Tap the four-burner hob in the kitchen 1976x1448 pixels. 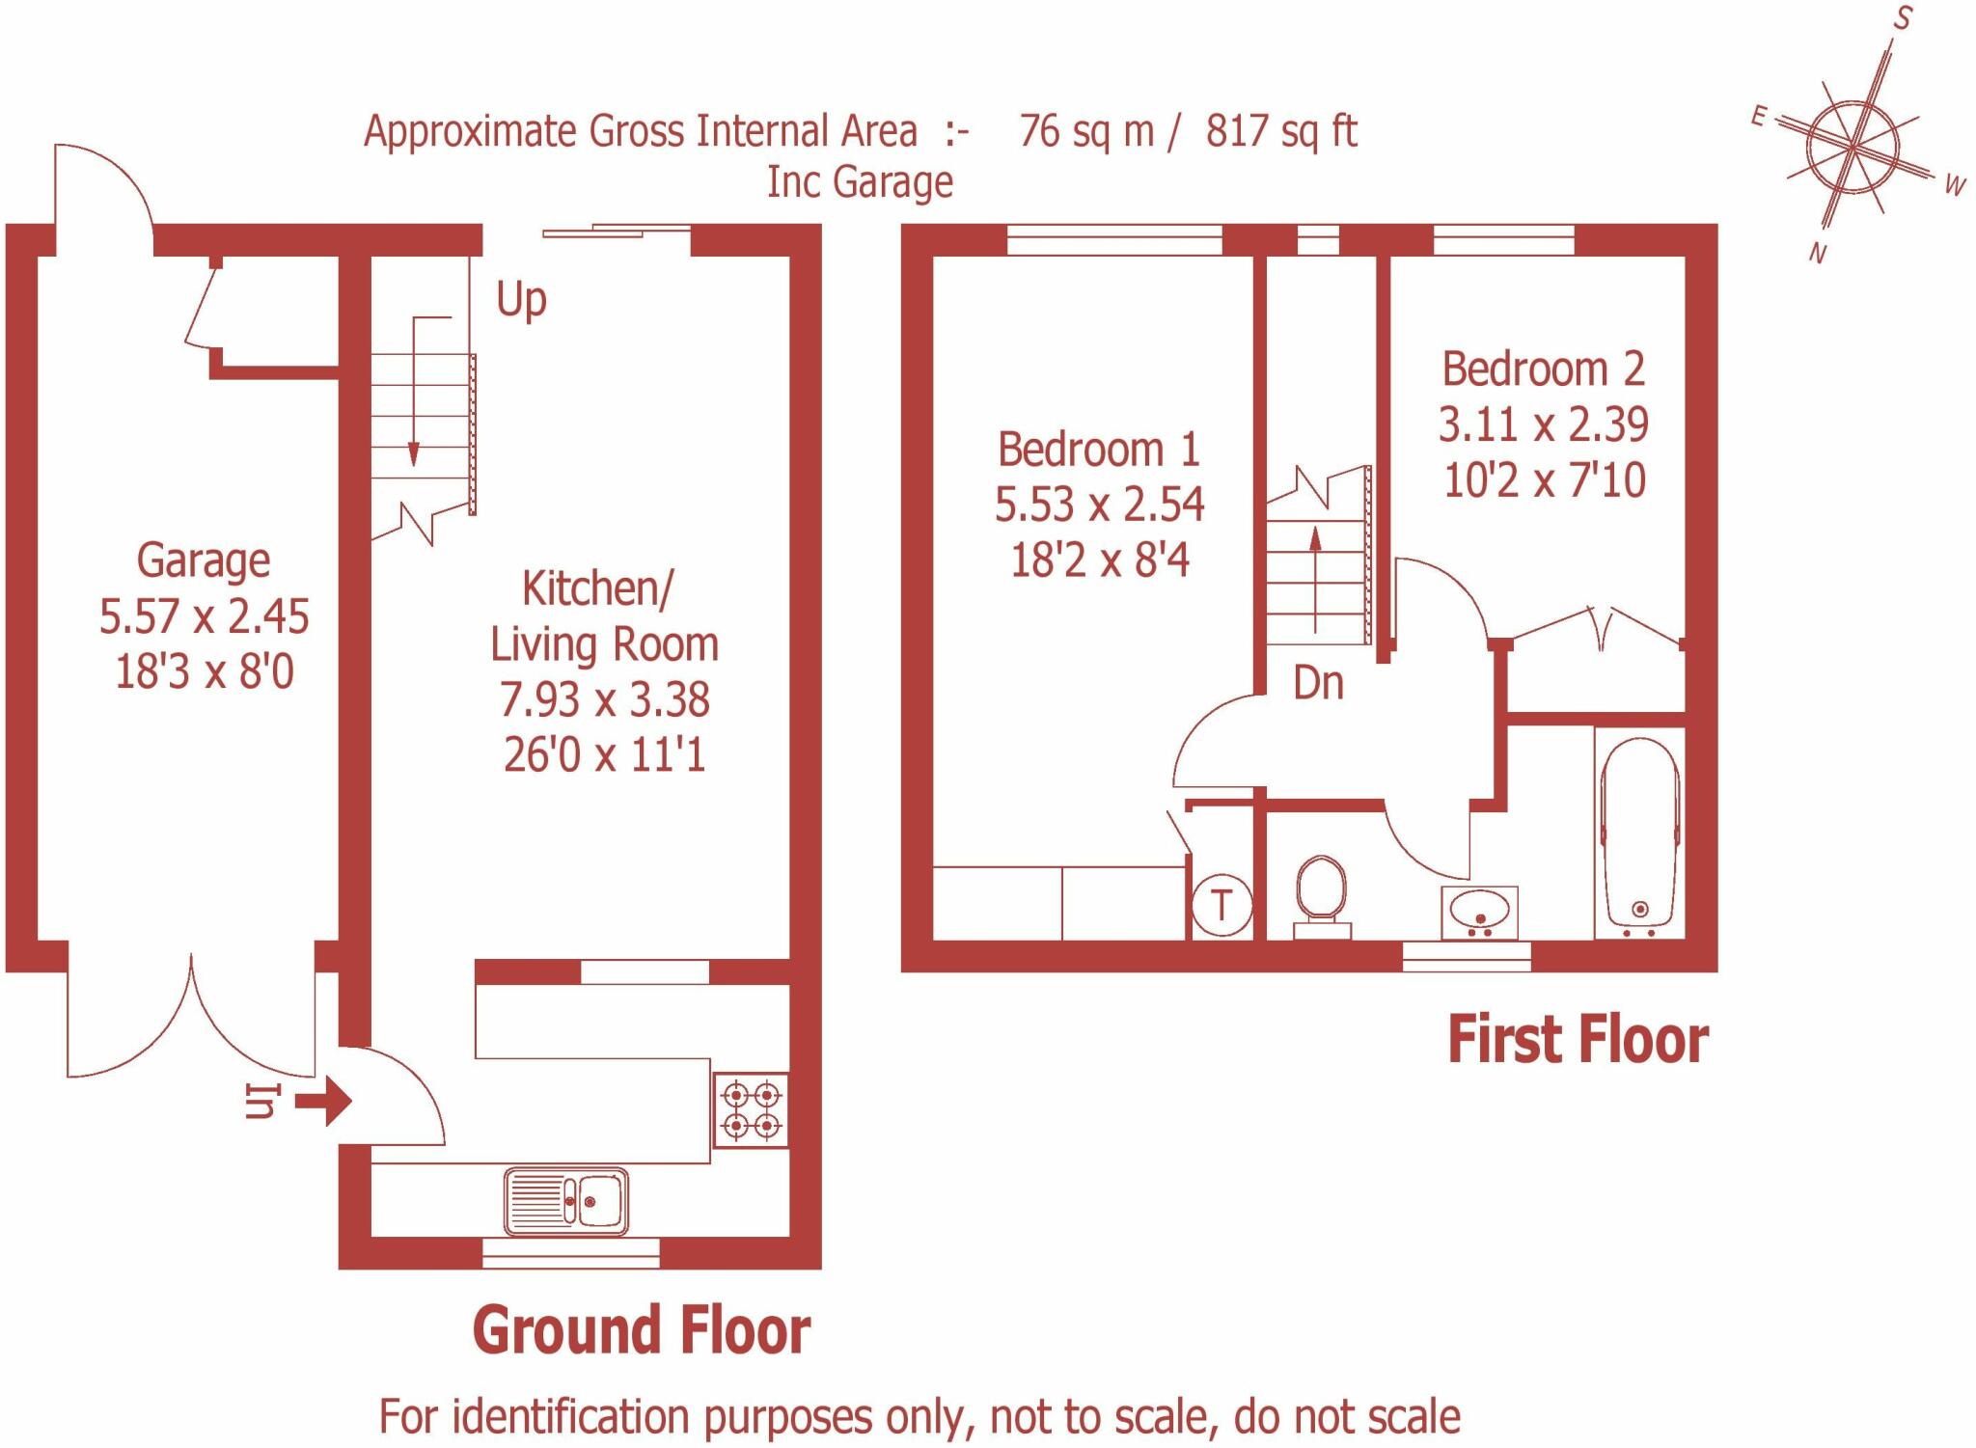pos(751,1109)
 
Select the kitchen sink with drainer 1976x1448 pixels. pos(566,1201)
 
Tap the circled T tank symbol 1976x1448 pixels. pos(1222,906)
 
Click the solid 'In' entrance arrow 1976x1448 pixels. pos(323,1101)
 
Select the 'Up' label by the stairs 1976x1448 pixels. pos(522,300)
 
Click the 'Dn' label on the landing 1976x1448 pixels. pos(1318,683)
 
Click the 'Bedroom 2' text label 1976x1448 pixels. pos(1544,369)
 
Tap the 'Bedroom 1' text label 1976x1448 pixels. pos(1099,450)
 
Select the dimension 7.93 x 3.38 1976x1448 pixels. pos(605,699)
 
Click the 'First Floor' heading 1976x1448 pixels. pos(1578,1040)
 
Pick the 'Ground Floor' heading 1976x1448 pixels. pos(642,1330)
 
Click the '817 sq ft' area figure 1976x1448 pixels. pos(1281,132)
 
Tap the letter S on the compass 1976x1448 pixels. pos(1903,17)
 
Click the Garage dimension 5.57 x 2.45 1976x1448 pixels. pos(205,616)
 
